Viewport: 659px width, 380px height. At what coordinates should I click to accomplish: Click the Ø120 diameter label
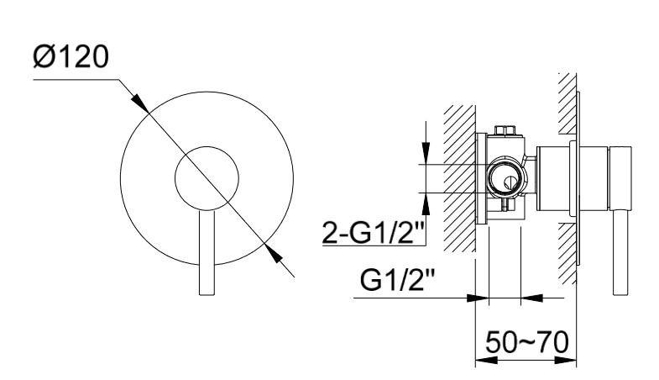pyautogui.click(x=71, y=57)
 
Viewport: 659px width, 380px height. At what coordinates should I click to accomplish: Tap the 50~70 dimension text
pyautogui.click(x=527, y=342)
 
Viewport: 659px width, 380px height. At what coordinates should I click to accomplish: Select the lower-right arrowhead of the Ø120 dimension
pyautogui.click(x=273, y=253)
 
